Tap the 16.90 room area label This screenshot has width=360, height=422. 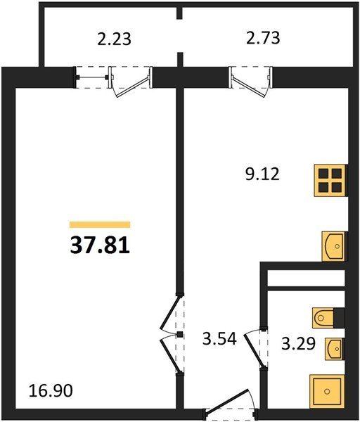click(51, 390)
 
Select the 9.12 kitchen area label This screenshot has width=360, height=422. click(262, 174)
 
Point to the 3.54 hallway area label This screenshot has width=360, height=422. click(219, 338)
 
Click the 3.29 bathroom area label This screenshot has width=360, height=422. click(298, 344)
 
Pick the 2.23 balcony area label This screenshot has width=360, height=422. click(114, 39)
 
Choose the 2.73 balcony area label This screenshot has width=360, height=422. click(263, 38)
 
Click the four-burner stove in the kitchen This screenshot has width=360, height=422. click(330, 181)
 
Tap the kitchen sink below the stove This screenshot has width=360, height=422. click(333, 246)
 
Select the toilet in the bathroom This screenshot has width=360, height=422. click(323, 318)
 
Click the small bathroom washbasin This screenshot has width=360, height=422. click(335, 349)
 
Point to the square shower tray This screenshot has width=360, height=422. click(327, 391)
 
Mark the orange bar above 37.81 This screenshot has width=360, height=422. click(100, 224)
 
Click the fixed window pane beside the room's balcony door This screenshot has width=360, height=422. click(91, 78)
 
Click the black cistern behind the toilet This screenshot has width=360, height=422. click(339, 318)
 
